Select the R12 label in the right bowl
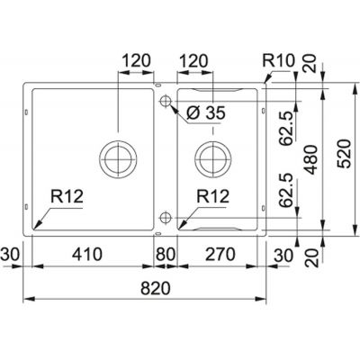point(214,194)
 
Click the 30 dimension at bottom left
point(11,254)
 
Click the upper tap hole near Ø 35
point(165,102)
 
